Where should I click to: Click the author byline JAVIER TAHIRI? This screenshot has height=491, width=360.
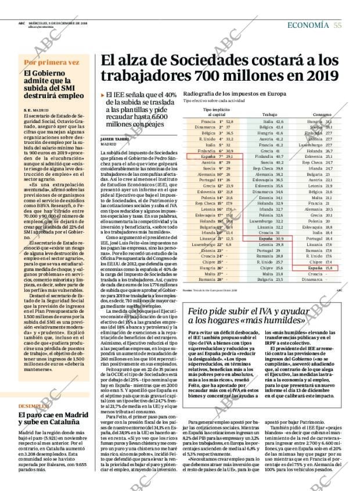114,139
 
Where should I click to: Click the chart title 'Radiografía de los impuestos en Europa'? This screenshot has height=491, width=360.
234,93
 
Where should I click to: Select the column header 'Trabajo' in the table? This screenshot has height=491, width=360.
270,115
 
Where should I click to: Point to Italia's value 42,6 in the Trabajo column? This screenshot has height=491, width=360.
280,121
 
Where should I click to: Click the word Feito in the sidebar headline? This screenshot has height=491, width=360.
201,311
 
